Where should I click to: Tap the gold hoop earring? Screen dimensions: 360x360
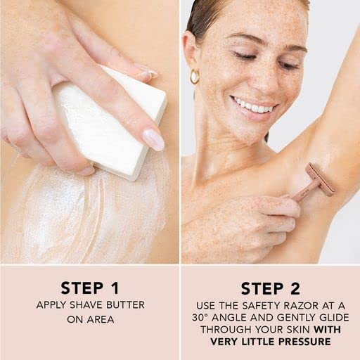coord(195,77)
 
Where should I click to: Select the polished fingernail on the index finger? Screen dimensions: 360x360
coord(153,140)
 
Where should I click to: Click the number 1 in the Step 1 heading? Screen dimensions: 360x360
coord(115,288)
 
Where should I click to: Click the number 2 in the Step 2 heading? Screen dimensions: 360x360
coord(295,288)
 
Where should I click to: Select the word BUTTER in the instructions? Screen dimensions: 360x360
coord(125,305)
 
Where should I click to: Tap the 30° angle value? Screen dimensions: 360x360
coord(200,318)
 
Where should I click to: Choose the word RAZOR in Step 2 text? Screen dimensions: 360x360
coord(293,306)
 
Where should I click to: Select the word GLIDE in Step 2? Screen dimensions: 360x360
coord(335,318)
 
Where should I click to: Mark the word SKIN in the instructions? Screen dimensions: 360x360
coord(300,330)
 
